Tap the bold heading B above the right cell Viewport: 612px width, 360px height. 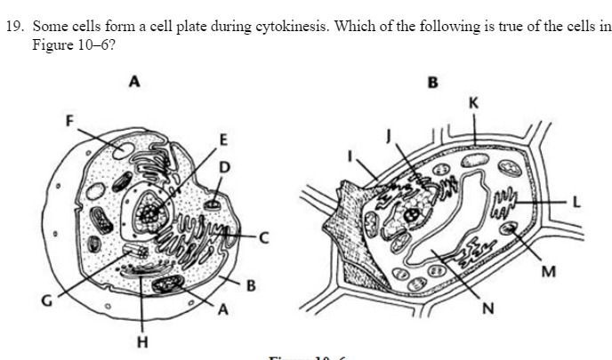(433, 84)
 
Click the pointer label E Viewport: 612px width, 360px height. (223, 140)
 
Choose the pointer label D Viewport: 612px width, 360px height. (224, 166)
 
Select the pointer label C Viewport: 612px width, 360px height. (262, 237)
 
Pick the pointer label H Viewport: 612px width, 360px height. (142, 340)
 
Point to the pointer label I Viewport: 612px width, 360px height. (350, 157)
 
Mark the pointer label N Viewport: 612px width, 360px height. (487, 310)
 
